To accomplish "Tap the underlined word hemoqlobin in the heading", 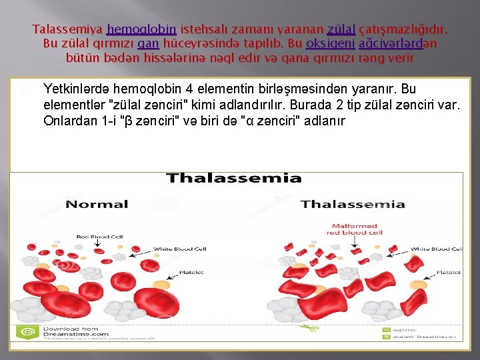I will tap(141, 30).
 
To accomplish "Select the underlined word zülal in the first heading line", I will tap(341, 30).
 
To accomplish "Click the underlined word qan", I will tap(148, 44).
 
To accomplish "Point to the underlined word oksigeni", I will tap(329, 44).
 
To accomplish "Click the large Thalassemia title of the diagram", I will tap(233, 178).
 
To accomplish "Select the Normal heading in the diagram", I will tap(97, 204).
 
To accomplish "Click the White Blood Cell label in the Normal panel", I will tap(180, 249).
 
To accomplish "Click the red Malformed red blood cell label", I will tap(355, 229).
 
